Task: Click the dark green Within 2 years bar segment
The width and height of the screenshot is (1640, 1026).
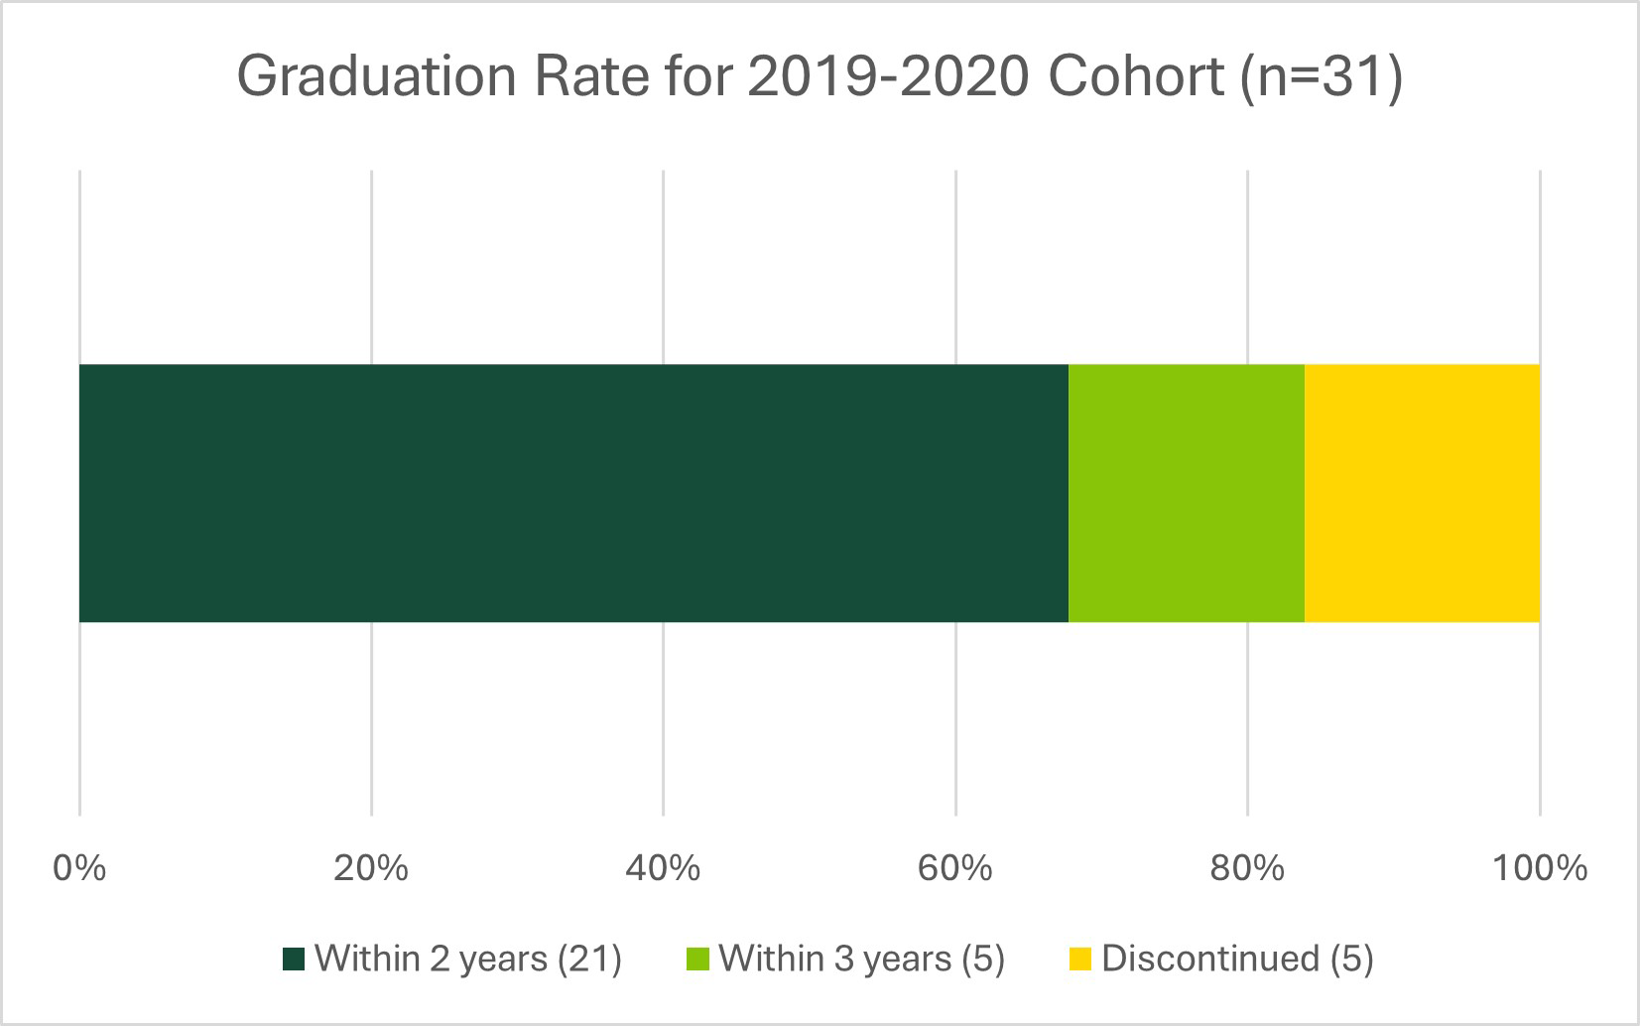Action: tap(573, 493)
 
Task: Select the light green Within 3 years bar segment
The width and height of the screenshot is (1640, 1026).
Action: tap(1186, 493)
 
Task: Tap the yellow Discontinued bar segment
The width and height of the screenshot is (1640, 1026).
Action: tap(1422, 493)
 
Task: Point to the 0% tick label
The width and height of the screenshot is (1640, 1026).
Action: tap(79, 868)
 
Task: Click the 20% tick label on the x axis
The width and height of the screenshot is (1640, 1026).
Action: tap(371, 868)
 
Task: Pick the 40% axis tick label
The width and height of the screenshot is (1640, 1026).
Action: tap(663, 868)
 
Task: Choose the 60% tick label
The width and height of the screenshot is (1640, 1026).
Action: tap(954, 868)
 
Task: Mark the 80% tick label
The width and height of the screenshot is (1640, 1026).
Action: tap(1247, 868)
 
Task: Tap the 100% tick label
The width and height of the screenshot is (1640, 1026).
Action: tap(1540, 868)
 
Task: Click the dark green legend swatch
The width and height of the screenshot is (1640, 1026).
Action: tap(293, 960)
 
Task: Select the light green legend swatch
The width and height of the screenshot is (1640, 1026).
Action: tap(697, 960)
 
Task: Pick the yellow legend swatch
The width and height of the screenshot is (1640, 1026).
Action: tap(1079, 960)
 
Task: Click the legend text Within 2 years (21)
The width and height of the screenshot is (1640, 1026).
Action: tap(467, 959)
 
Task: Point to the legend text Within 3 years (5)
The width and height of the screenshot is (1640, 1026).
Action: tap(861, 959)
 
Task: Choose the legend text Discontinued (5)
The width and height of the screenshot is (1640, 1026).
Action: tap(1237, 959)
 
